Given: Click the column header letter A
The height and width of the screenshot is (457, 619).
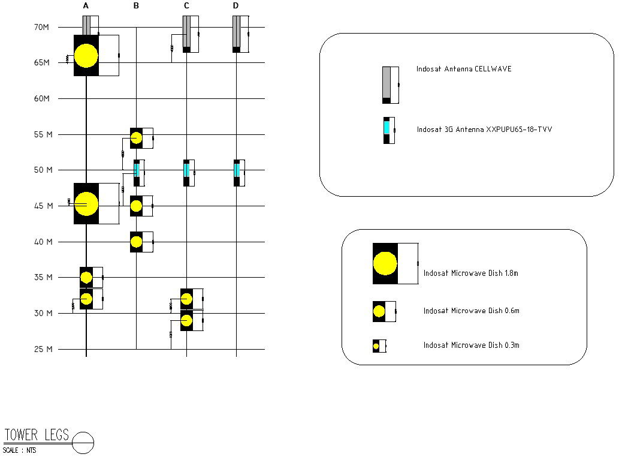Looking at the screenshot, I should pyautogui.click(x=86, y=6).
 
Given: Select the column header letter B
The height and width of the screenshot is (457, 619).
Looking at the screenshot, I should pyautogui.click(x=136, y=6).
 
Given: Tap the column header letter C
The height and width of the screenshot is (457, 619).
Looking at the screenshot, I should pyautogui.click(x=186, y=6).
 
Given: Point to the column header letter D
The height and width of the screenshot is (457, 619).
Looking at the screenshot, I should pyautogui.click(x=235, y=6).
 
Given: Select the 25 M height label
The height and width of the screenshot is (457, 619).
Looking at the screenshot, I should pyautogui.click(x=43, y=349).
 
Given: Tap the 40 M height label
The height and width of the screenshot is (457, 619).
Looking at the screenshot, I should pyautogui.click(x=43, y=242).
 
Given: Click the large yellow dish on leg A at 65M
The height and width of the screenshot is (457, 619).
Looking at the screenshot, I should pyautogui.click(x=86, y=55).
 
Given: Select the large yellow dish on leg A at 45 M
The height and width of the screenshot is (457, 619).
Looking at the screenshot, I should pyautogui.click(x=86, y=203).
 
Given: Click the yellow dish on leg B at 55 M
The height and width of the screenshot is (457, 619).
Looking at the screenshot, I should pyautogui.click(x=136, y=138).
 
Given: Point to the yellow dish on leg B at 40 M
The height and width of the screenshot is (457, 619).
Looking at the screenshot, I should pyautogui.click(x=136, y=242).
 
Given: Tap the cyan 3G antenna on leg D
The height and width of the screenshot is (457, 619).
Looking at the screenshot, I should pyautogui.click(x=236, y=170).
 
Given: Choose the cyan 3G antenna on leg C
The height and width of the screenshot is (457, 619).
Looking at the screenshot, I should pyautogui.click(x=186, y=170).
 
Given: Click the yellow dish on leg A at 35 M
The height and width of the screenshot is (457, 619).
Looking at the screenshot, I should pyautogui.click(x=86, y=278).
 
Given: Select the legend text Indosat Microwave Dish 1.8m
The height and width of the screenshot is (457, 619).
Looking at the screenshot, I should pyautogui.click(x=470, y=273).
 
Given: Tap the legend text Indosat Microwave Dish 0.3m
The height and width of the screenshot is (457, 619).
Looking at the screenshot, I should pyautogui.click(x=470, y=345).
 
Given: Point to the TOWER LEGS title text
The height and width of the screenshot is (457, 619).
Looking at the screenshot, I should pyautogui.click(x=37, y=435).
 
